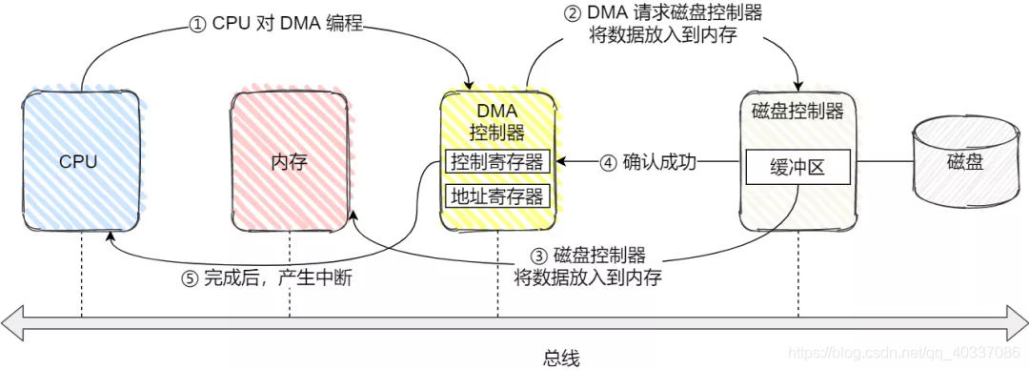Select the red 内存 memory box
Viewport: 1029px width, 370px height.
[289, 160]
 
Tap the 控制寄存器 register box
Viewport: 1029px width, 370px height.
[497, 162]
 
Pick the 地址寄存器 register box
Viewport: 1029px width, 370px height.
[497, 196]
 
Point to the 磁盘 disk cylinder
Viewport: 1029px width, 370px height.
[963, 162]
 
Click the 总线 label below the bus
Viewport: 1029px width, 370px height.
[563, 357]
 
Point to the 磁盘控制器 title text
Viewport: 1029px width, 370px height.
[797, 112]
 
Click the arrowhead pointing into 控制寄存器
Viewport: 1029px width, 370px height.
[559, 162]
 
